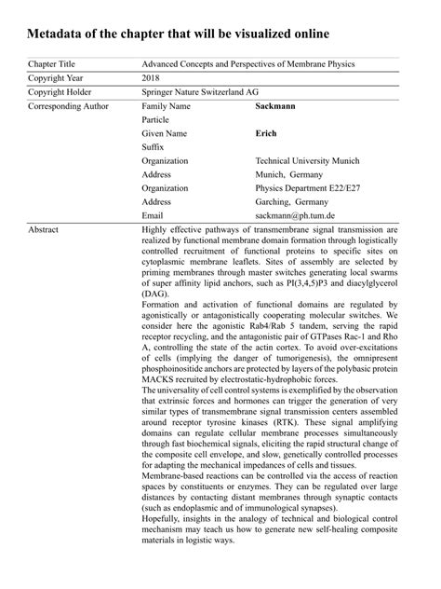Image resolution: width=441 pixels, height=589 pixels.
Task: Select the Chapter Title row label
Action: point(54,63)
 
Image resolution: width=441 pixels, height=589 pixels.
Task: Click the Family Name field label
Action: point(166,106)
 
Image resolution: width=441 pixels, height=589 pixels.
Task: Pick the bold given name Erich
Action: point(267,133)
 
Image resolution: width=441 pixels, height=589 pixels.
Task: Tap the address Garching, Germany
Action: point(291,201)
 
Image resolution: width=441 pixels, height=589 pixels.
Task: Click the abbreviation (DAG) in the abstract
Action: point(156,293)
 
